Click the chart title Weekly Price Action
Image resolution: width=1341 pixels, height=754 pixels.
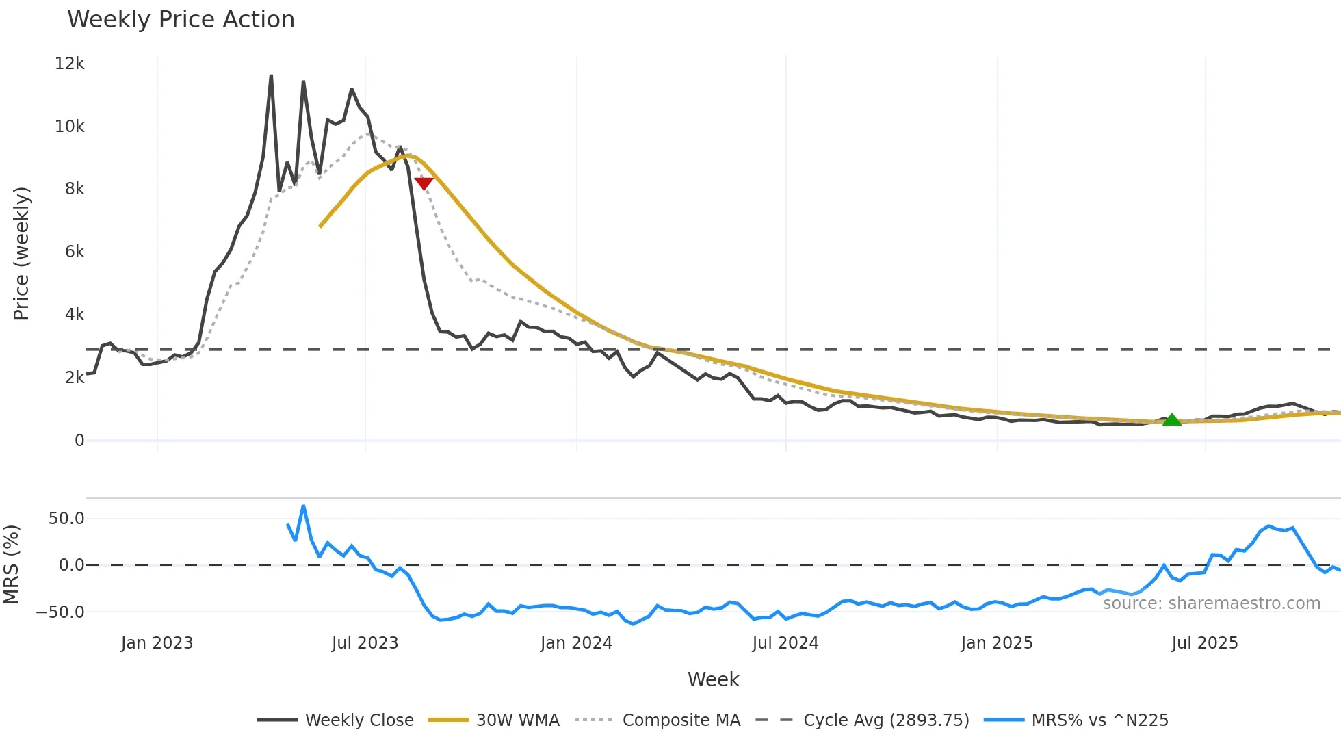[x=181, y=20]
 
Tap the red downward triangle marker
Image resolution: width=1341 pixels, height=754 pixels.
[x=424, y=183]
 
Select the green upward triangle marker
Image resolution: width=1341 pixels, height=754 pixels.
[x=1172, y=419]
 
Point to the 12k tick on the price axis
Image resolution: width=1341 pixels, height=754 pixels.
[x=70, y=64]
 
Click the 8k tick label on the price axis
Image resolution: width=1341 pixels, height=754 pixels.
[x=75, y=189]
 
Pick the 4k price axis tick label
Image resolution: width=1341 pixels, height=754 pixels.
[x=75, y=315]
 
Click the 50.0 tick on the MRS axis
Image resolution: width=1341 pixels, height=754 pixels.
[x=66, y=519]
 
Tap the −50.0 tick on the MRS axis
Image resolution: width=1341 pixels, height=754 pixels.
[x=60, y=612]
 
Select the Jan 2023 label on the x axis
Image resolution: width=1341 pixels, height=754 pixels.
[x=157, y=643]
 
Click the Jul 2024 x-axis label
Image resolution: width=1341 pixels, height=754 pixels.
[x=785, y=643]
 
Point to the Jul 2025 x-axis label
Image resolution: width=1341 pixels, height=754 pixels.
[x=1205, y=643]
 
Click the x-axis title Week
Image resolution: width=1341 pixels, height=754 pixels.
[x=713, y=679]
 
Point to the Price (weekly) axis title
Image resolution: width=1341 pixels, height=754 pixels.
[x=21, y=253]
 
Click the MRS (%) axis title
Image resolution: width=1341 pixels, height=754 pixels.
[x=11, y=564]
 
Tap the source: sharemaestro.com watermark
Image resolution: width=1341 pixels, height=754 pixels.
[x=1211, y=603]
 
